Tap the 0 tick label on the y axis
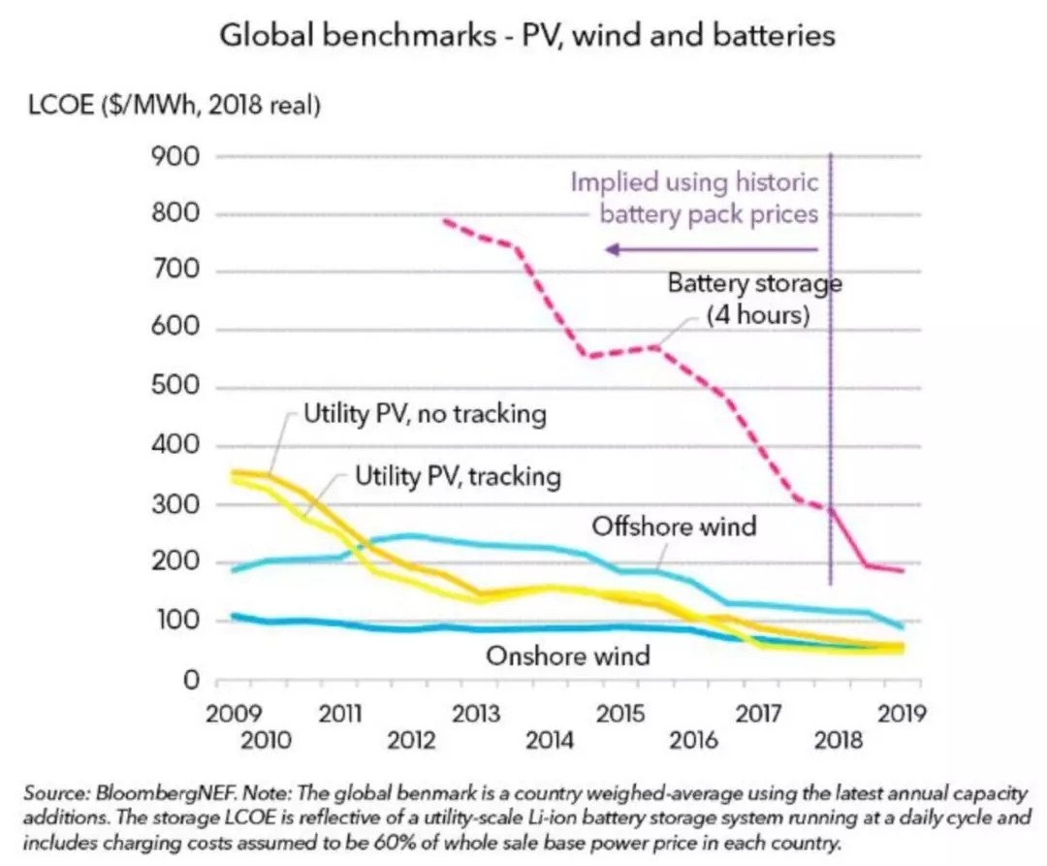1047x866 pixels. pyautogui.click(x=191, y=681)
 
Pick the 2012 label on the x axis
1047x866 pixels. pyautogui.click(x=410, y=741)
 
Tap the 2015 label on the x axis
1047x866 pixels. pyautogui.click(x=620, y=715)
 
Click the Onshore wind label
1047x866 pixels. pyautogui.click(x=568, y=656)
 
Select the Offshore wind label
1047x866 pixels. pyautogui.click(x=674, y=527)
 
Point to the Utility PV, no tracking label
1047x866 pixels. pyautogui.click(x=425, y=415)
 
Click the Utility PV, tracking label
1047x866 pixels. pyautogui.click(x=458, y=476)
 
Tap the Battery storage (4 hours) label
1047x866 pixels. pyautogui.click(x=755, y=300)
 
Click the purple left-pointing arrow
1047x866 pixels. pyautogui.click(x=712, y=250)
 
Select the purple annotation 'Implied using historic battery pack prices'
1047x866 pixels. pyautogui.click(x=694, y=197)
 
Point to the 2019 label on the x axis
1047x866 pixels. pyautogui.click(x=900, y=715)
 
